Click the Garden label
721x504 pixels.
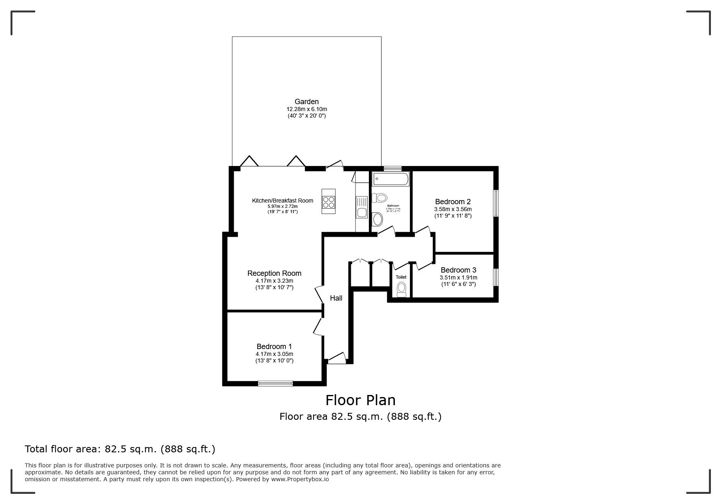(x=307, y=102)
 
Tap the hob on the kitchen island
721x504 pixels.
(x=329, y=202)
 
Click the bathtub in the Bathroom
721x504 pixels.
(x=390, y=179)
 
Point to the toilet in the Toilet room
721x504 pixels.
(x=401, y=290)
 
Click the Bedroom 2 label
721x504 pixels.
(x=453, y=202)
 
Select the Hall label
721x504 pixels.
(x=336, y=298)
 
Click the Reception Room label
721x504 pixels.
(x=274, y=273)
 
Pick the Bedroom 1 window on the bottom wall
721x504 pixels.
(x=275, y=383)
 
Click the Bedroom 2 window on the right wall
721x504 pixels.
(x=496, y=203)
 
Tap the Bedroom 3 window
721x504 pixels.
(x=496, y=277)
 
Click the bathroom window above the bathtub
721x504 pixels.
(x=392, y=168)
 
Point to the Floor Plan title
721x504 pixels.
(x=360, y=400)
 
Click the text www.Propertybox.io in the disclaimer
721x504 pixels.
(x=300, y=479)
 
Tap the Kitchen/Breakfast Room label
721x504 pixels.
(x=283, y=201)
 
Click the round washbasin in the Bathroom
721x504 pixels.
(x=378, y=220)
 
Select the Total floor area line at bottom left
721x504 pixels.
(x=120, y=449)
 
